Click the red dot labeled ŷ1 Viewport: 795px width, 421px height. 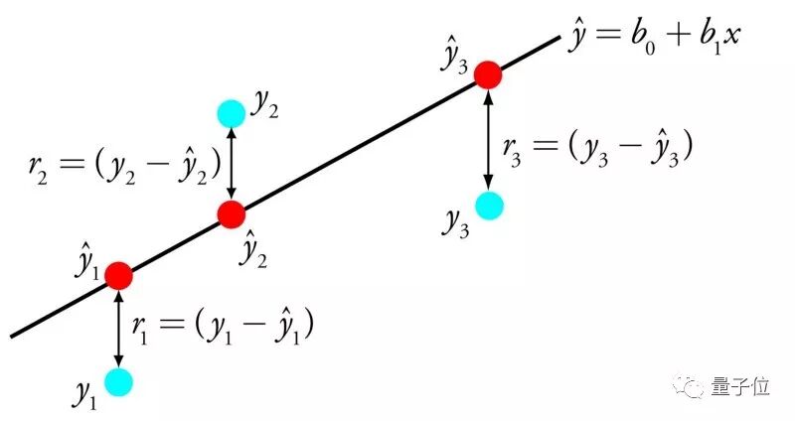coord(118,274)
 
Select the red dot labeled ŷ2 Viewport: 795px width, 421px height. coord(232,213)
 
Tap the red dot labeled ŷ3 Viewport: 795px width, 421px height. coord(487,74)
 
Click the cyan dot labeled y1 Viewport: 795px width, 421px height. coord(118,381)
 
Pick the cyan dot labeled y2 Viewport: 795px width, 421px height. coord(231,113)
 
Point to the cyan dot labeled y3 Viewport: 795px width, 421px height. coord(489,206)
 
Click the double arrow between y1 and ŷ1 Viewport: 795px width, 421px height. coord(119,328)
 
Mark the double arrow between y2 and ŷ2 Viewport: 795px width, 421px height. coord(232,163)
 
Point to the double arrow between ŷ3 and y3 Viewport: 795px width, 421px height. coord(488,140)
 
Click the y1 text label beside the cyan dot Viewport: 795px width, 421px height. coord(84,394)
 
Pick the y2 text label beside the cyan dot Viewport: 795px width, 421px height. coord(264,106)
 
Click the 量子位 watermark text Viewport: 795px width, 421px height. coord(739,387)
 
